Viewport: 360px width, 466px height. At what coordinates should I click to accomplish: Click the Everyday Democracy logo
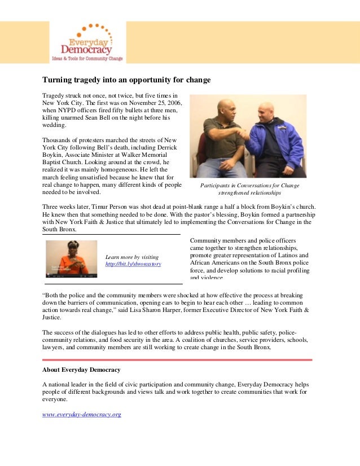coord(87,43)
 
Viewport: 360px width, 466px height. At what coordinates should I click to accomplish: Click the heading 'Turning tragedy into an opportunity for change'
coord(126,80)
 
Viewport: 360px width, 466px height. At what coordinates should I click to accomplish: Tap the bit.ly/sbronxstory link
coord(133,264)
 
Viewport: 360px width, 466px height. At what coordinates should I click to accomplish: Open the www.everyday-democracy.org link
coord(82,415)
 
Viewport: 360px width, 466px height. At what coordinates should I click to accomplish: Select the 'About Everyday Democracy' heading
coord(81,370)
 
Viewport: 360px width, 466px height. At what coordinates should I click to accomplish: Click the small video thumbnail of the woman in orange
coord(71,259)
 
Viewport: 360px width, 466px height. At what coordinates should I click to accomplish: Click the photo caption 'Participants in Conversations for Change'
coord(249,186)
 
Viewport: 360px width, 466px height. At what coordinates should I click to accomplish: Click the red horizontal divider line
coord(177,359)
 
